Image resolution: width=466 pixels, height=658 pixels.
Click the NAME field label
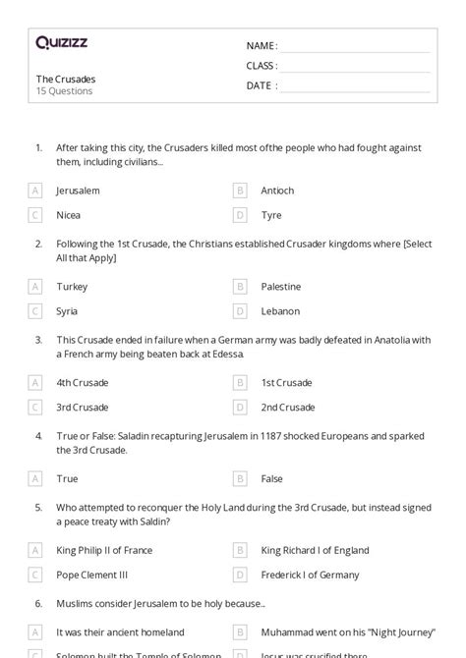(x=262, y=46)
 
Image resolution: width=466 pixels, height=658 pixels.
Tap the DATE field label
(x=262, y=85)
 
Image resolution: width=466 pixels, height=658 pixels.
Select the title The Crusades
(x=66, y=79)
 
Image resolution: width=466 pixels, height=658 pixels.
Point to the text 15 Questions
(x=65, y=91)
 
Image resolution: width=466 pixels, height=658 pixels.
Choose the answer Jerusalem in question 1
(x=78, y=191)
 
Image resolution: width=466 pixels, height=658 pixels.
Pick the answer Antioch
(x=277, y=191)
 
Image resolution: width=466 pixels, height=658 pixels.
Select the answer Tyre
(x=271, y=215)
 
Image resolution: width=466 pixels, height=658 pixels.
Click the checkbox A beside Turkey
(x=35, y=287)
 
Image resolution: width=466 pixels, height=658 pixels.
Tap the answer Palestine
(x=281, y=287)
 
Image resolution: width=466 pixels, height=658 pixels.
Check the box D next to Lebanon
(x=240, y=311)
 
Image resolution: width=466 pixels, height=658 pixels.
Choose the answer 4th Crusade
(x=83, y=383)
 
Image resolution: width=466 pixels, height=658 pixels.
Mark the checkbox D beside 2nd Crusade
(x=240, y=408)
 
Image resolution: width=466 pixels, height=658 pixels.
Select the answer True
(x=67, y=479)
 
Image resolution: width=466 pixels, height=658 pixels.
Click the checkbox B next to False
(x=240, y=479)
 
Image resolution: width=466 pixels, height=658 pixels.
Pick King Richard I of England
(x=315, y=551)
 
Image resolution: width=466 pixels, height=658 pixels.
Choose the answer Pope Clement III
(x=92, y=576)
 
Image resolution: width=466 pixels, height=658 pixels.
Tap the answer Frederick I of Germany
(x=310, y=576)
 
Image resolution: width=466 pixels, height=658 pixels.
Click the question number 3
(x=38, y=340)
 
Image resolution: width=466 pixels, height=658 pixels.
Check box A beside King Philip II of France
(x=35, y=551)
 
